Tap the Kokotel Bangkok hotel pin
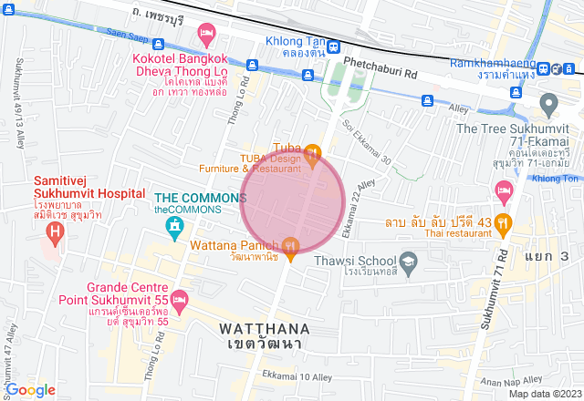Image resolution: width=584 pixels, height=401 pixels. click(x=207, y=36)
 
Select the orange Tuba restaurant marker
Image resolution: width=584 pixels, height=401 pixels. click(x=313, y=151)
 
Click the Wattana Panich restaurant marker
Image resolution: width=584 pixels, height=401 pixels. click(x=290, y=244)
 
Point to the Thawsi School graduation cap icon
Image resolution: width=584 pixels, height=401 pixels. click(x=409, y=260)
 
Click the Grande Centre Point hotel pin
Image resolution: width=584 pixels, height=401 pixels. click(x=180, y=298)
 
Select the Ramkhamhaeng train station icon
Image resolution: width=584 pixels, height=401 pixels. click(x=543, y=69)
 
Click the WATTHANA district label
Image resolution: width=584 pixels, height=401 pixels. click(x=265, y=327)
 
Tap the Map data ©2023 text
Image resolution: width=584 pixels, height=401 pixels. click(x=544, y=394)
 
